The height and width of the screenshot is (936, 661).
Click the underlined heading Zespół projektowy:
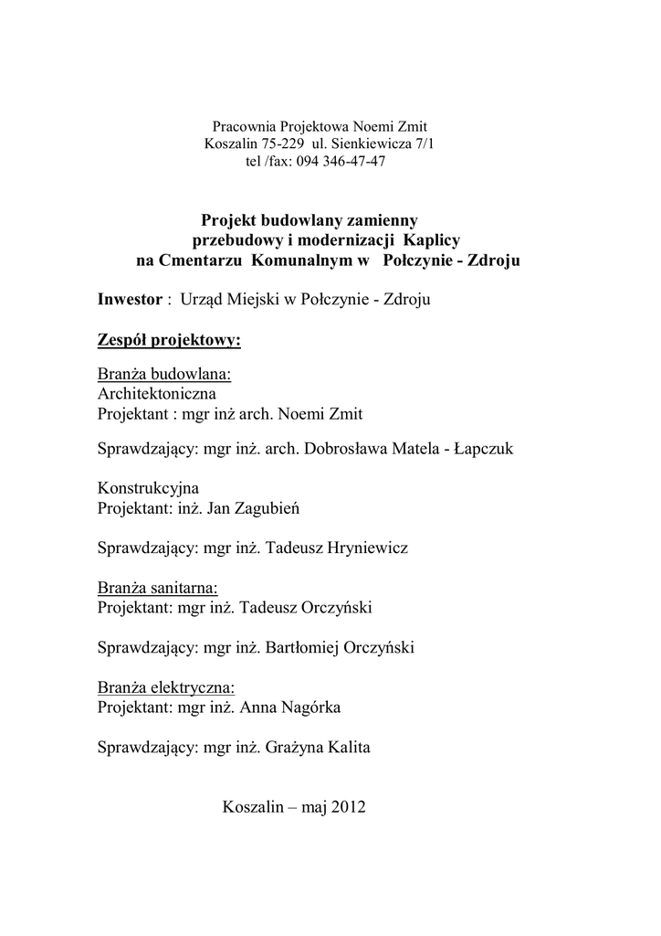pos(169,342)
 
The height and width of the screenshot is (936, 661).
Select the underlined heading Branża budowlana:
pos(164,375)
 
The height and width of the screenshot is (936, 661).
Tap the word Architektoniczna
pos(156,394)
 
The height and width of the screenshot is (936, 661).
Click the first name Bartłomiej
pos(301,648)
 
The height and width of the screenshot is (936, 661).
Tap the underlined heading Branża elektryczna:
pos(165,687)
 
